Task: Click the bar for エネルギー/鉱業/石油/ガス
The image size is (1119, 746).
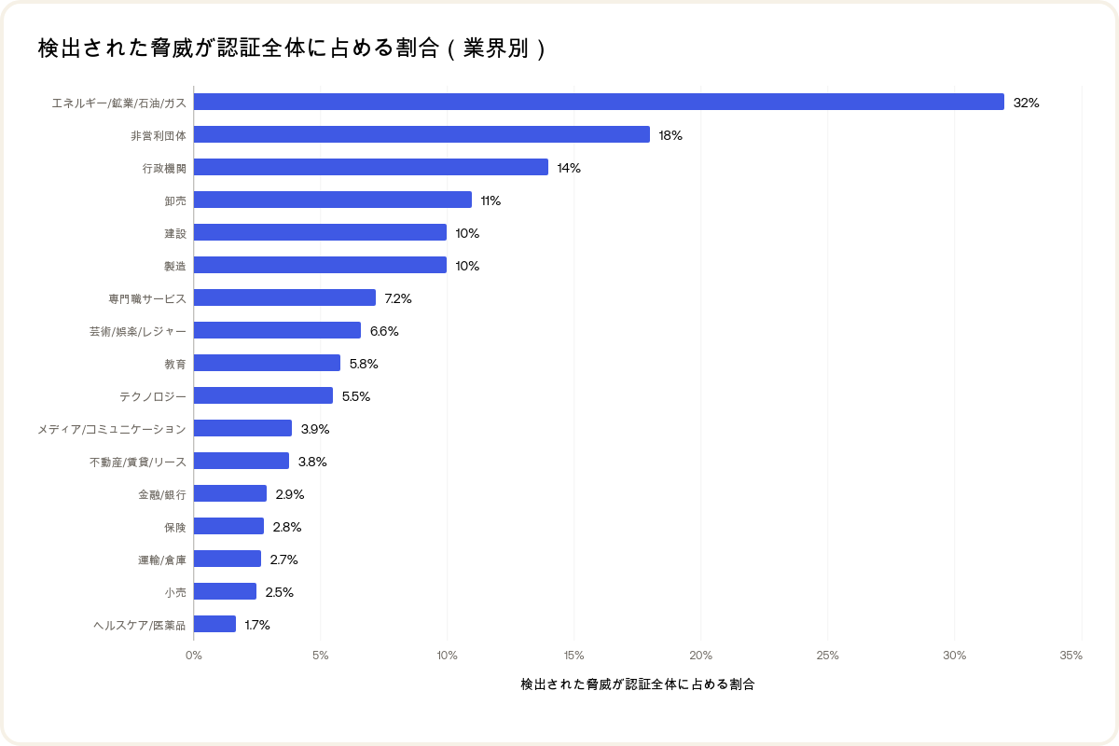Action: click(599, 102)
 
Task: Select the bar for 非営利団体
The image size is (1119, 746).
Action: click(421, 134)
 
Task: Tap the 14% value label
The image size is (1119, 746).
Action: click(569, 168)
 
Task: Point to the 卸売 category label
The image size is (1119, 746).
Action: click(175, 200)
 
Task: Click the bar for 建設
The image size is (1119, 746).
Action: click(320, 232)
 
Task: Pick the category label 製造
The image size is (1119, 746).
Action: click(175, 266)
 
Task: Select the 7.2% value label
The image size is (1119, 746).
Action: click(398, 298)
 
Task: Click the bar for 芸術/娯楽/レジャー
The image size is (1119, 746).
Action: click(277, 330)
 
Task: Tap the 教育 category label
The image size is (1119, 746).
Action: click(175, 364)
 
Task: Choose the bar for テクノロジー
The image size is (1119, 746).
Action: click(263, 395)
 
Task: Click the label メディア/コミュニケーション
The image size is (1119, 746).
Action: click(112, 429)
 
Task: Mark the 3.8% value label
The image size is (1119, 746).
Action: click(312, 462)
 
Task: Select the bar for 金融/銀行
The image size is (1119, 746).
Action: click(230, 493)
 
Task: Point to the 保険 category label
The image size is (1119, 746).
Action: click(175, 527)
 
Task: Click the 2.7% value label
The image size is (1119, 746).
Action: click(283, 559)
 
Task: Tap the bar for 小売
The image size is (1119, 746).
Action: click(225, 591)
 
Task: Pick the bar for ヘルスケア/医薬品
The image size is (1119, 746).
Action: click(214, 624)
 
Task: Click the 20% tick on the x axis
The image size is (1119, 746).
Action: click(700, 656)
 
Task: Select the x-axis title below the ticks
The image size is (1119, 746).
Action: click(638, 684)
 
